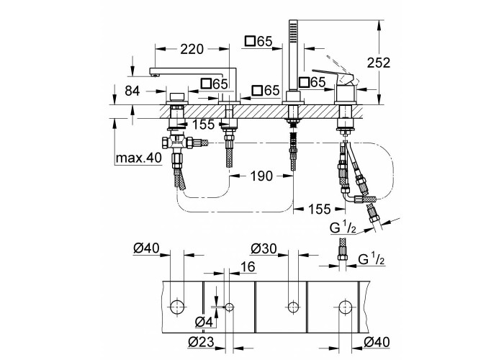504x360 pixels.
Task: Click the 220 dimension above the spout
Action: click(192, 50)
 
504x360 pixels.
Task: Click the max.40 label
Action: click(139, 158)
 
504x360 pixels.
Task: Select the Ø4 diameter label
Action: click(204, 321)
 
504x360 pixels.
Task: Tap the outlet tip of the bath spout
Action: click(156, 73)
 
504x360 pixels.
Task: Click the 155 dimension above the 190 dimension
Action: click(204, 124)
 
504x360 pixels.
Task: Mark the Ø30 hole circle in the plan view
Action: click(293, 307)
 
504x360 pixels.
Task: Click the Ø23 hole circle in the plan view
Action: click(229, 307)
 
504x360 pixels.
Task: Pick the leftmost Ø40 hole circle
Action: click(177, 307)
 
